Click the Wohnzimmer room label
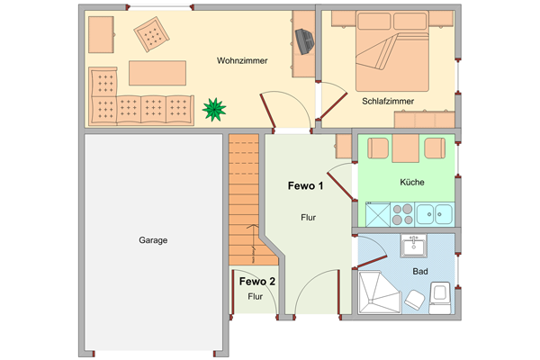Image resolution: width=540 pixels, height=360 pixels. [x=242, y=60]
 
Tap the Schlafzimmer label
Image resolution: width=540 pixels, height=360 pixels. [x=388, y=102]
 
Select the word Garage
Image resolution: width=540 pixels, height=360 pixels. [x=153, y=240]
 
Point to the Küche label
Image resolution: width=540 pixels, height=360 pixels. [x=412, y=182]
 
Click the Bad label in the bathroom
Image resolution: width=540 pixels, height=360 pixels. [x=420, y=272]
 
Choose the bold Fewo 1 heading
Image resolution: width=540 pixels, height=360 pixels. [x=305, y=186]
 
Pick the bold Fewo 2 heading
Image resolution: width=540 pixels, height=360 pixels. [x=257, y=282]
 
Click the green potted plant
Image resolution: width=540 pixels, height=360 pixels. [x=214, y=110]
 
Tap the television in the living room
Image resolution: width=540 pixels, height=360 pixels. [x=305, y=41]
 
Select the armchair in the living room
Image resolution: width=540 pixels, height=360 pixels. [x=151, y=35]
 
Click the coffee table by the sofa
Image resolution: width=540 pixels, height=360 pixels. [x=157, y=73]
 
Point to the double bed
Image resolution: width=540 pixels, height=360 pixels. [x=392, y=51]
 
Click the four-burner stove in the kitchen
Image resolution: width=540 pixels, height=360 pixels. [x=402, y=214]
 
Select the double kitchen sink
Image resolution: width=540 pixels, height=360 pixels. [x=435, y=214]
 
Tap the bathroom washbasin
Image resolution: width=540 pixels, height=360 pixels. [x=413, y=246]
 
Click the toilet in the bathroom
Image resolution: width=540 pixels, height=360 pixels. [x=440, y=298]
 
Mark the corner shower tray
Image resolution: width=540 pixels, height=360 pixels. [x=380, y=292]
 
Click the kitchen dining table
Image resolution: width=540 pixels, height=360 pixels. [x=406, y=148]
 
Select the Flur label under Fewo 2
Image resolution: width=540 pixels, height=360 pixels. [x=256, y=297]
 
